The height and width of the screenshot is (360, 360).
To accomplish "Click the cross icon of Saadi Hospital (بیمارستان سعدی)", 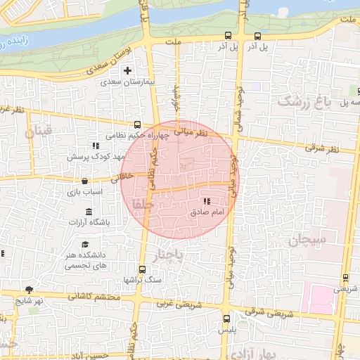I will point(127,70).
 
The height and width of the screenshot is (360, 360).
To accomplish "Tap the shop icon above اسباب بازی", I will point(84,181).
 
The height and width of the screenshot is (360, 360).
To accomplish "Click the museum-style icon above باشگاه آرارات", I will point(88,211).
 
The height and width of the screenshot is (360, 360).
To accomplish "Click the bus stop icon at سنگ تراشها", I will point(143,269).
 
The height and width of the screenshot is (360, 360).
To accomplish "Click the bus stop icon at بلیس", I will point(225,318).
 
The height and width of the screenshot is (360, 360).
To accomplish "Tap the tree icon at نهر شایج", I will point(29,289).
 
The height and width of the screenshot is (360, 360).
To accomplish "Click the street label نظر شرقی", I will point(322,148).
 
